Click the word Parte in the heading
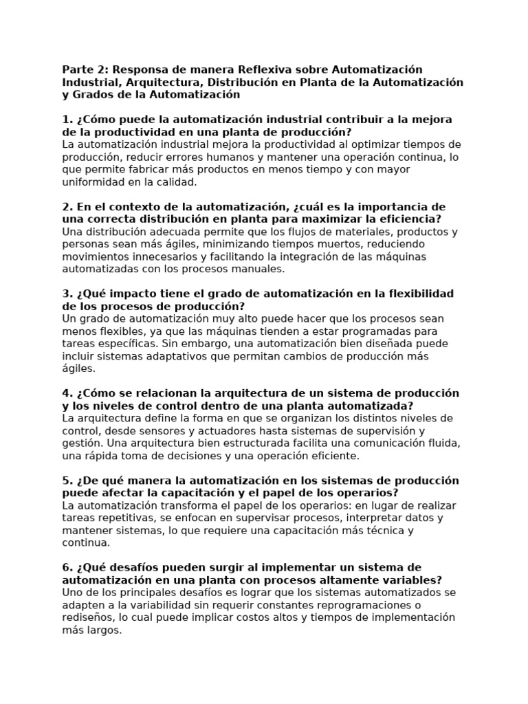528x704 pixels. (x=77, y=69)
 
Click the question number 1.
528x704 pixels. (x=65, y=120)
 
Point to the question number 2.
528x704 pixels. (x=65, y=206)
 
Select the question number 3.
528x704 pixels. (x=65, y=294)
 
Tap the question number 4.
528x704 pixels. (x=65, y=393)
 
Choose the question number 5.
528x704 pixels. (x=65, y=480)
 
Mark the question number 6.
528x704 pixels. (x=65, y=567)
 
